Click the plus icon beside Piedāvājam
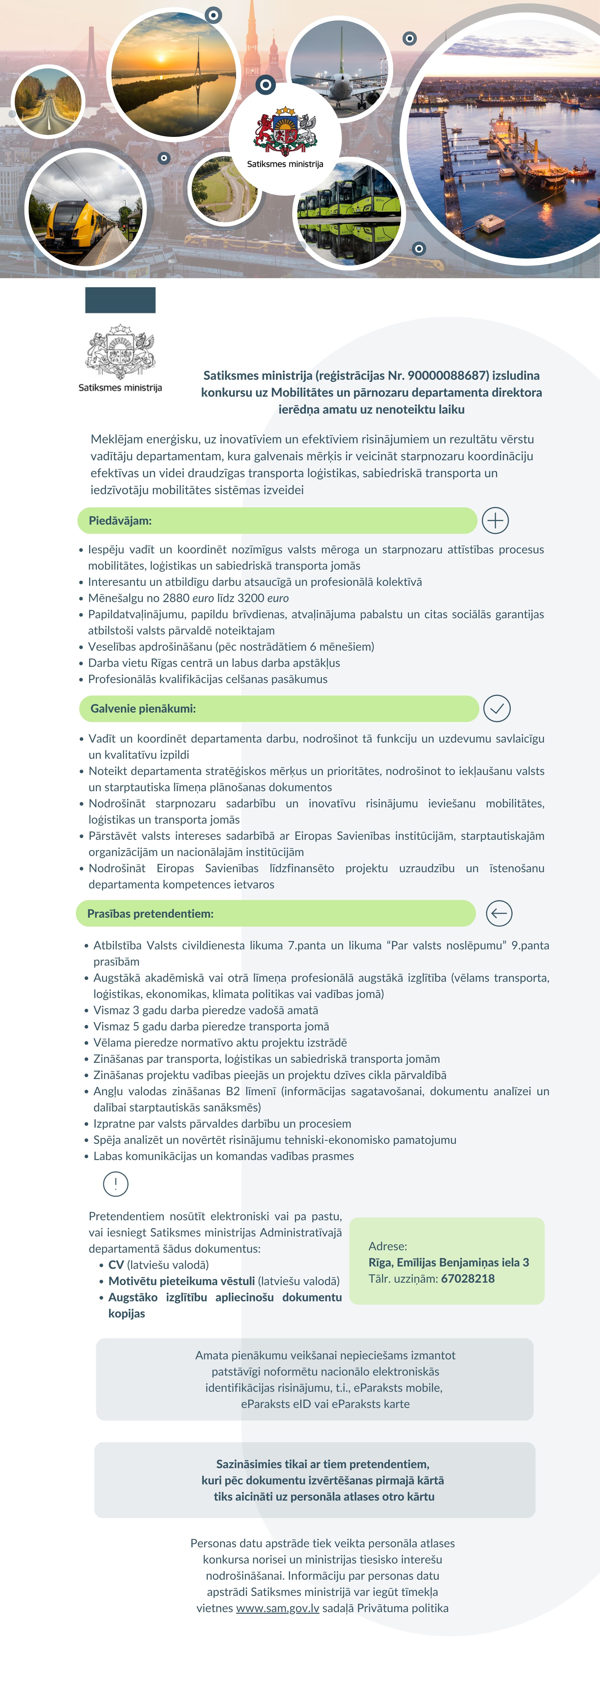(x=495, y=521)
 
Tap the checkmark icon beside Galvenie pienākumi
(x=497, y=708)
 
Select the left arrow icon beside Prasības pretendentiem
(x=499, y=913)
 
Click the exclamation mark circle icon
(x=116, y=1184)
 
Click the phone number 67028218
(x=468, y=1278)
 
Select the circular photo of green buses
(x=349, y=211)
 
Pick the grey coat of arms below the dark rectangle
(x=120, y=350)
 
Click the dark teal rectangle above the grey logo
(x=120, y=300)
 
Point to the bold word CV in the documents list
(x=116, y=1265)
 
